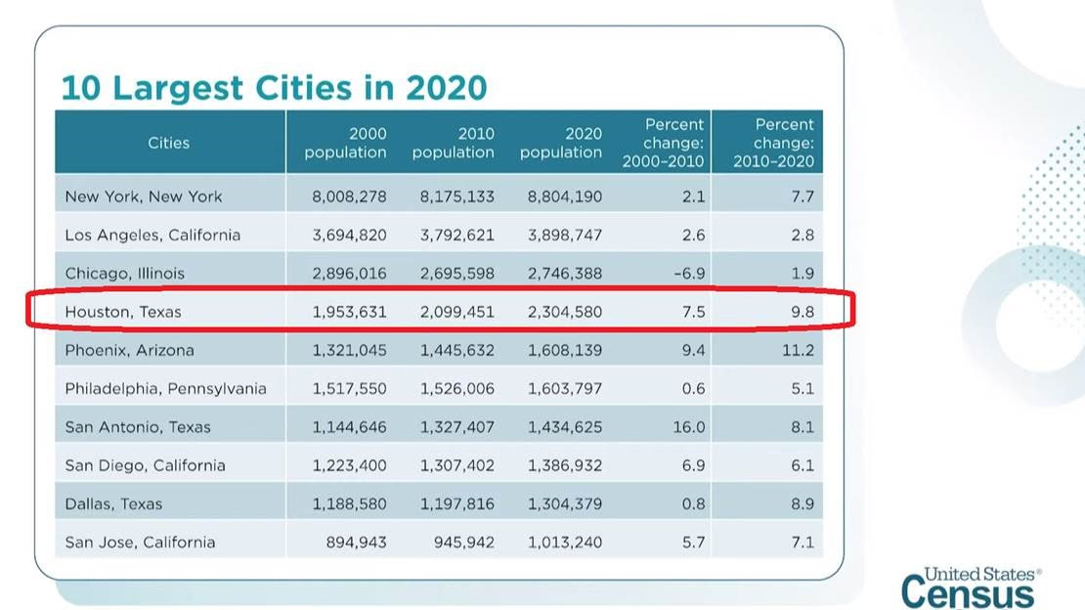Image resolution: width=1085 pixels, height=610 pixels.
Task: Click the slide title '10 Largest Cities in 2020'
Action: coord(274,87)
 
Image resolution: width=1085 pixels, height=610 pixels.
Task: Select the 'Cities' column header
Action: coord(169,143)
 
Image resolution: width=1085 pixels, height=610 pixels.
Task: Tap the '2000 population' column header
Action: coord(346,143)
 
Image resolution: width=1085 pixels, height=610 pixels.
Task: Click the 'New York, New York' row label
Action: coord(144,196)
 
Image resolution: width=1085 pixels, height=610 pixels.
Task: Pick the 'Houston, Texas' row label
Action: coord(123,312)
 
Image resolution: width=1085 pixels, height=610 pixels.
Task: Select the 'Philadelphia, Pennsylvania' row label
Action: coord(165,388)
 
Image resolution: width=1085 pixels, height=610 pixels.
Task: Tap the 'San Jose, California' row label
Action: coord(140,542)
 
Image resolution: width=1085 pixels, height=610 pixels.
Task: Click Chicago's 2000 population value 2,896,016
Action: coord(349,274)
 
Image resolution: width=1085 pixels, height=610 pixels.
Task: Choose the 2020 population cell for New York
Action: coord(564,196)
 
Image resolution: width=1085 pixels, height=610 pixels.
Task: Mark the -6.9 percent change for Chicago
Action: coord(688,274)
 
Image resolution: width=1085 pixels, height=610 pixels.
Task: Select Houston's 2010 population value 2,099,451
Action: coord(456,312)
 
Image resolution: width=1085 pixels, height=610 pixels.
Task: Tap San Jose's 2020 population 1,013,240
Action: coord(564,542)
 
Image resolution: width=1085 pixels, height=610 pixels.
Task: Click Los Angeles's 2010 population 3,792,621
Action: coord(456,235)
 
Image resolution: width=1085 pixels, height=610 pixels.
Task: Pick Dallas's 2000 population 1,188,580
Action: coord(349,503)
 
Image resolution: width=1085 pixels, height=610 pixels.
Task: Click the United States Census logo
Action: coord(971,588)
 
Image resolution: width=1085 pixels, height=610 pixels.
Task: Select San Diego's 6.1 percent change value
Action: coord(802,465)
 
